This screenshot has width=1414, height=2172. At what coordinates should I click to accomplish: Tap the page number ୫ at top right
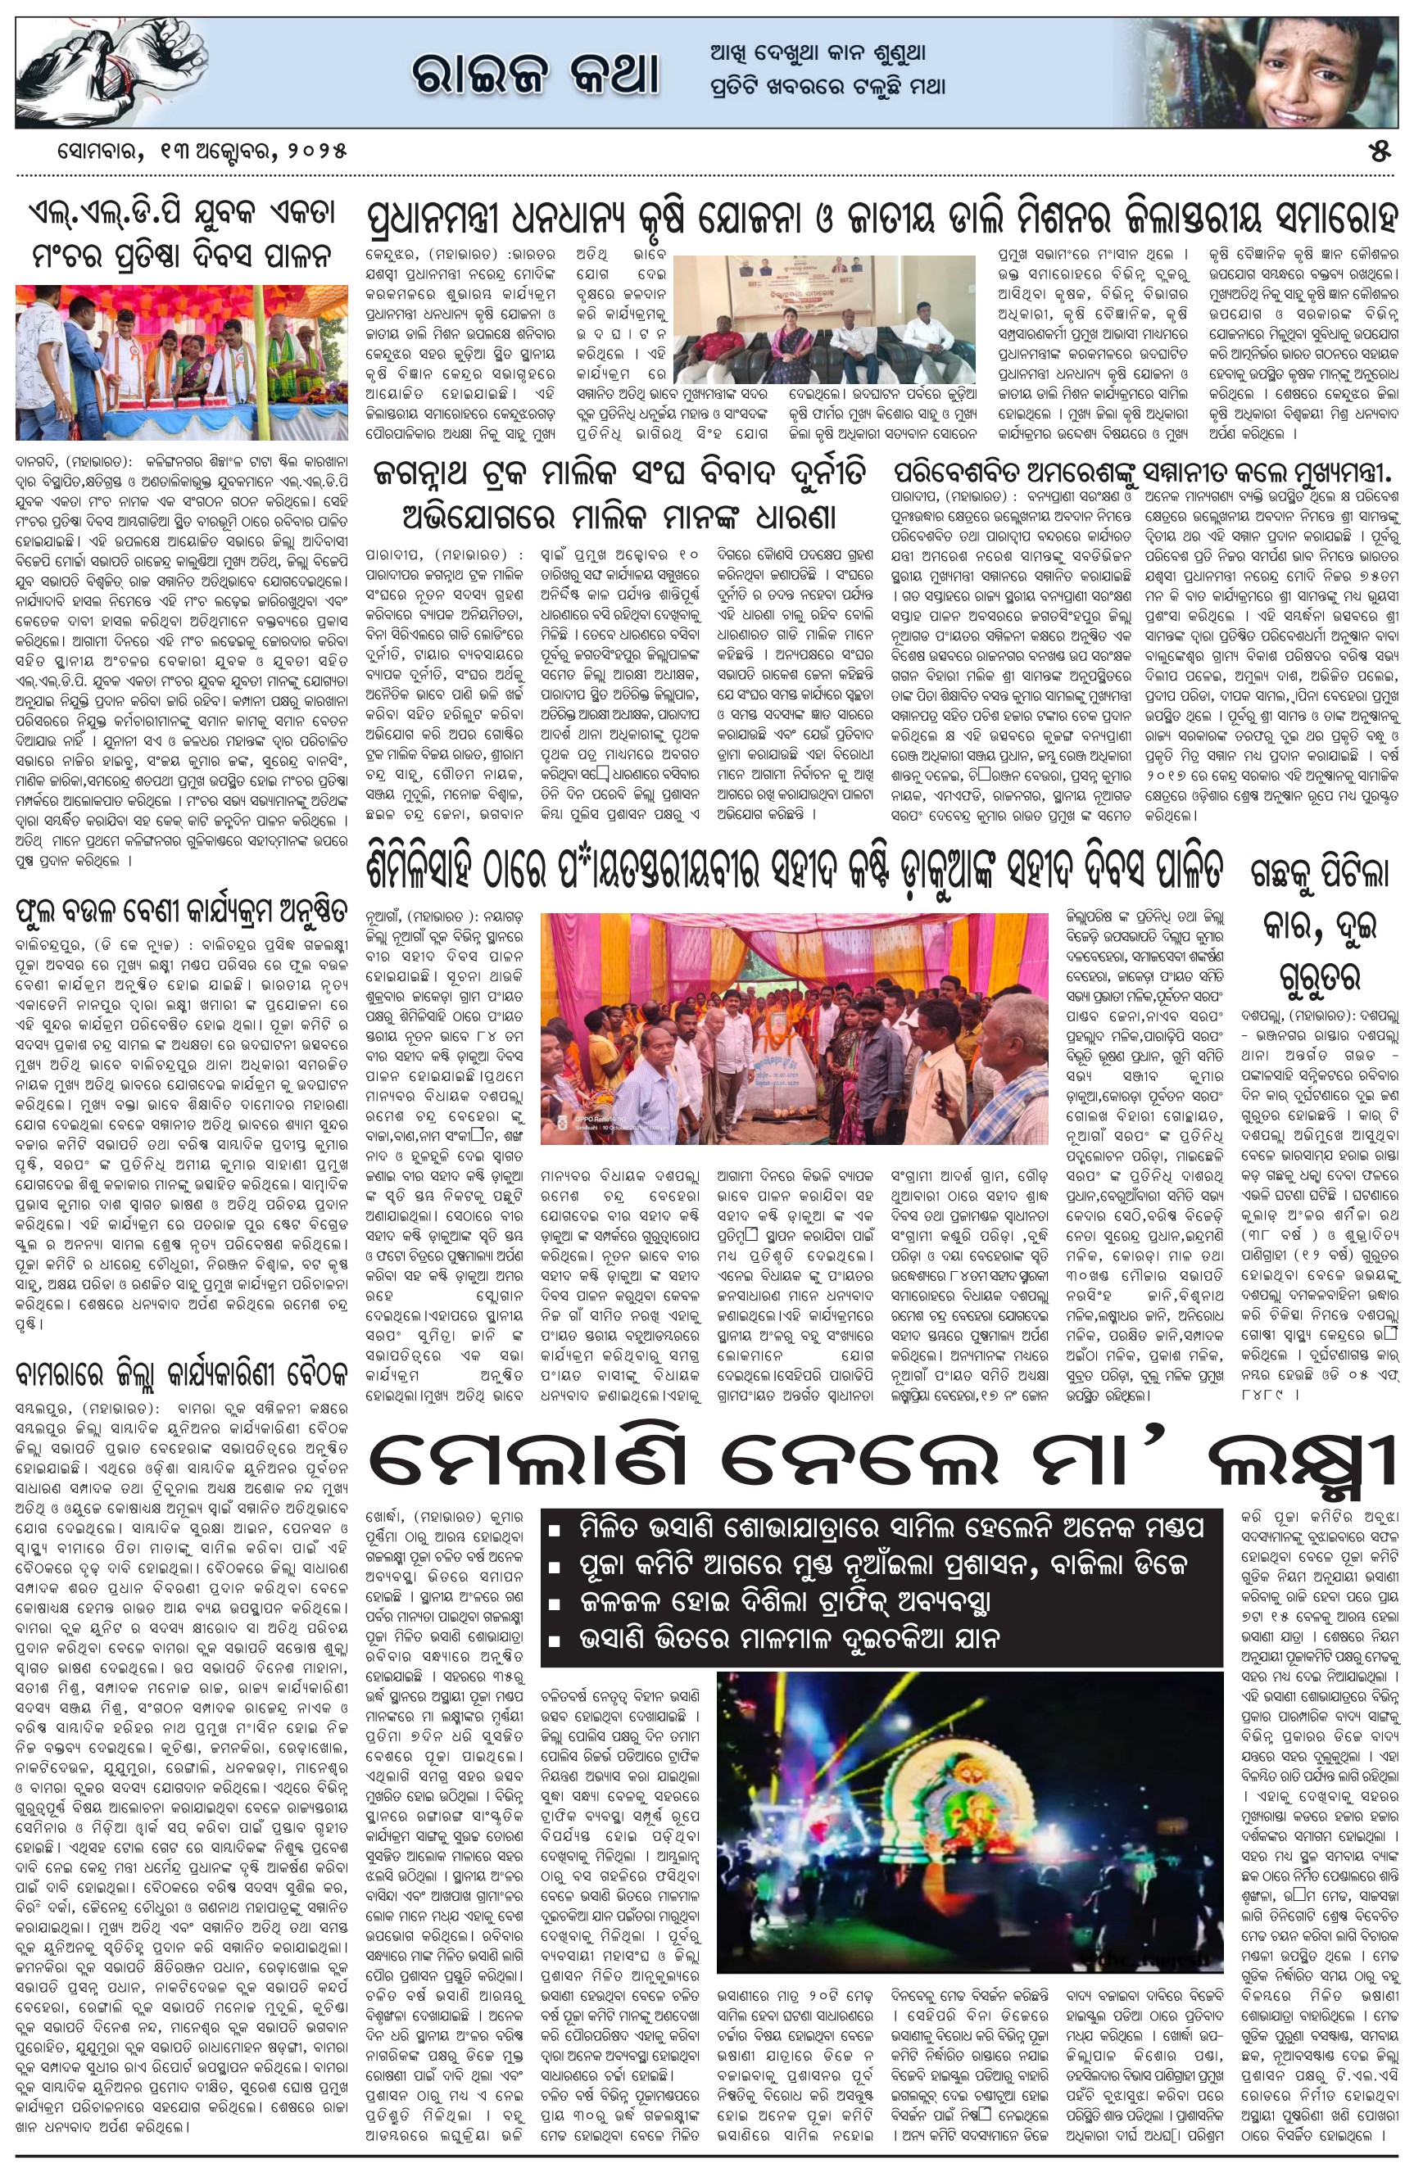tap(1379, 152)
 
